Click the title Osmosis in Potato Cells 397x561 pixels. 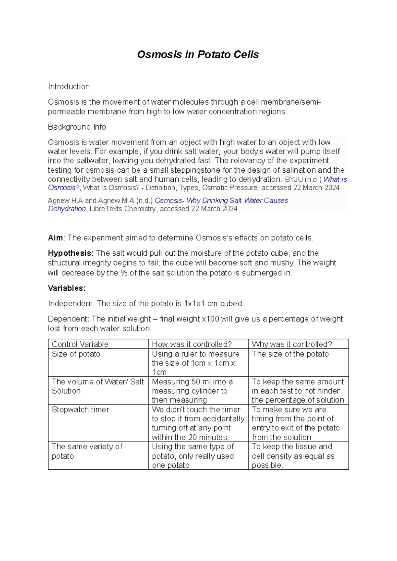pyautogui.click(x=198, y=55)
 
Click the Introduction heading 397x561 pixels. pyautogui.click(x=69, y=87)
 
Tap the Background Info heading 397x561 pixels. pyautogui.click(x=77, y=127)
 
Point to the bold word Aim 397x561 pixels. pyautogui.click(x=55, y=238)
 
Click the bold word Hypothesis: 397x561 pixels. pyautogui.click(x=71, y=253)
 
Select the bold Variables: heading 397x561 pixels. pyautogui.click(x=66, y=288)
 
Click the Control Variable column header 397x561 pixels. pyautogui.click(x=80, y=344)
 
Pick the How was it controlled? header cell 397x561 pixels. pyautogui.click(x=192, y=344)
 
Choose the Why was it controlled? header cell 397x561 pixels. pyautogui.click(x=292, y=344)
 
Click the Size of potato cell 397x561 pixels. pyautogui.click(x=76, y=354)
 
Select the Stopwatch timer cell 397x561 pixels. pyautogui.click(x=80, y=410)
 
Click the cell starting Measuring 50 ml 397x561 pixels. pyautogui.click(x=192, y=391)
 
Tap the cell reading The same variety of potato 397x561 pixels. pyautogui.click(x=87, y=451)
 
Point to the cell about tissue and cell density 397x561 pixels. pyautogui.click(x=293, y=456)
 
